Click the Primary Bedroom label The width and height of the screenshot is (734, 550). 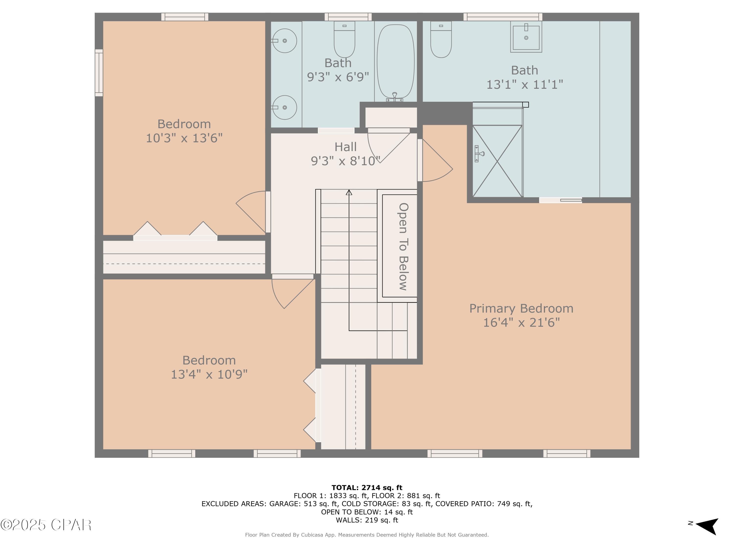click(x=521, y=308)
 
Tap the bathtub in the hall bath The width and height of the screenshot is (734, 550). click(x=396, y=61)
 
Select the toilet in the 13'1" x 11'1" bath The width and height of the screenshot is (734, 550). click(x=441, y=40)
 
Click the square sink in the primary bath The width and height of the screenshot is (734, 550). click(x=526, y=37)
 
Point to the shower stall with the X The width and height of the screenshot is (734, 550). click(x=497, y=161)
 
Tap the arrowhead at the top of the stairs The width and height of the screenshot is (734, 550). click(x=349, y=192)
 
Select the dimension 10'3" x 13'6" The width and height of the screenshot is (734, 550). click(x=184, y=138)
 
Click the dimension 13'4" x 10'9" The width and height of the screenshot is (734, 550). click(x=209, y=374)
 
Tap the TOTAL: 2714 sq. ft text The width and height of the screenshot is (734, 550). click(x=367, y=488)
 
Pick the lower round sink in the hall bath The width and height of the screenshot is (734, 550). click(x=284, y=107)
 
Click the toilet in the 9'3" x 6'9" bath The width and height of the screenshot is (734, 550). click(x=344, y=40)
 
